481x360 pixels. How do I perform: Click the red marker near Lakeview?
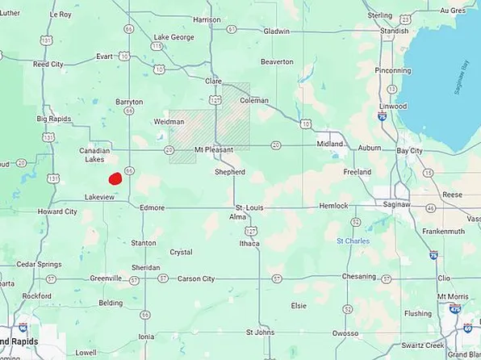[x=115, y=178]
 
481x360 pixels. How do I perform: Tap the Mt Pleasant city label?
[x=214, y=150]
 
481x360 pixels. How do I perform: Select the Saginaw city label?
[x=395, y=207]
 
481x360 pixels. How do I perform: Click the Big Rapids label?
[x=52, y=119]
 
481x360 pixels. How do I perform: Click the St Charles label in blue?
[x=352, y=241]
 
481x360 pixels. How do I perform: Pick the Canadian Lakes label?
[x=94, y=155]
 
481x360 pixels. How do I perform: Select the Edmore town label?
[x=153, y=207]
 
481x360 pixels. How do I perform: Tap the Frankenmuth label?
[x=442, y=231]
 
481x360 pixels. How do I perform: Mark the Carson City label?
[x=197, y=278]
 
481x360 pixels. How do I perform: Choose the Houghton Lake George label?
[x=174, y=37]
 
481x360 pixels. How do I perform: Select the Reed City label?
[x=48, y=64]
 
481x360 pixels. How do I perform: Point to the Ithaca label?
[x=249, y=243]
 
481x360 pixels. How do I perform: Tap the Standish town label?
[x=395, y=31]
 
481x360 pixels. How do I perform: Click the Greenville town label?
[x=105, y=278]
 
